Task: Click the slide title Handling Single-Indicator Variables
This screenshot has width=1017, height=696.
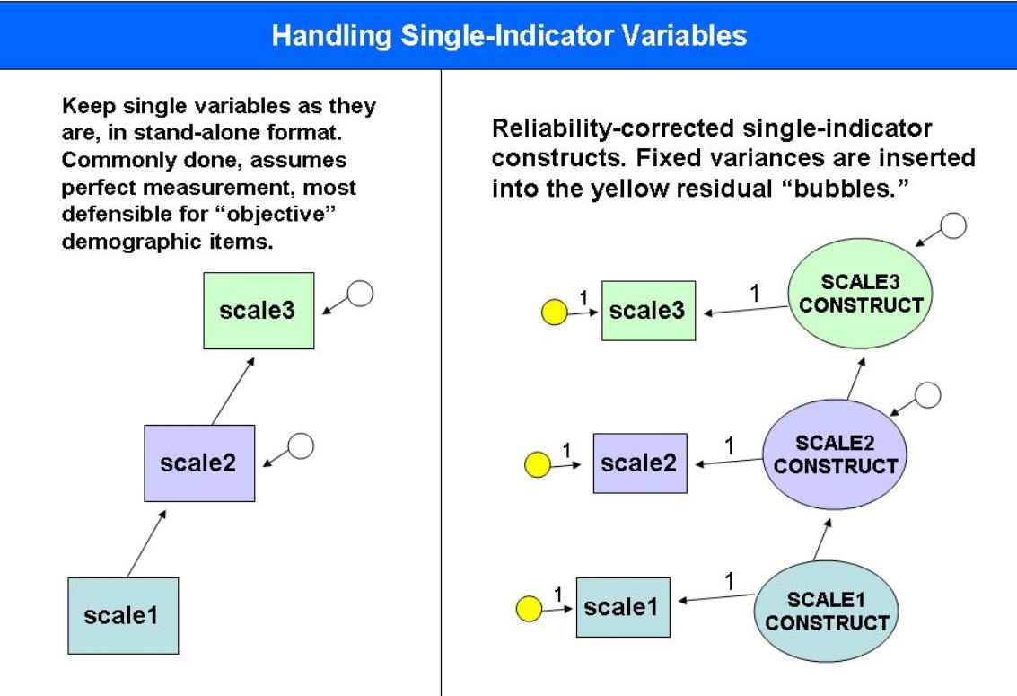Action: pos(508,36)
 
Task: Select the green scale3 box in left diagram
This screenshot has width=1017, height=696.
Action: pos(258,311)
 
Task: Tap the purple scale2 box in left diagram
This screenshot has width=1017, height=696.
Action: pos(199,463)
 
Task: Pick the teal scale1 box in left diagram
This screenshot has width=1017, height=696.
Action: pos(123,615)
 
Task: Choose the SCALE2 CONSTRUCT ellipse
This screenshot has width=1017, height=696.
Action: pos(835,454)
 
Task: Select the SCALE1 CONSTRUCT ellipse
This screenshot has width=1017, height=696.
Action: pos(827,611)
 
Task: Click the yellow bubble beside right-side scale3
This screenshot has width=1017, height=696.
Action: pos(555,313)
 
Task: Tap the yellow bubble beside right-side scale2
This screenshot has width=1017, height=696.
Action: pos(537,464)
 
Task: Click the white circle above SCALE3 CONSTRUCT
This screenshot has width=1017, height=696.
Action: pos(953,226)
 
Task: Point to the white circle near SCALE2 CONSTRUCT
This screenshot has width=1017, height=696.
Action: pos(928,394)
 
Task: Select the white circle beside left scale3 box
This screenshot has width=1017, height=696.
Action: pos(359,294)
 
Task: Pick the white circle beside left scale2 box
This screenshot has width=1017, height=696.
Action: pos(301,445)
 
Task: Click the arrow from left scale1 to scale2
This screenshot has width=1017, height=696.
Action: pos(146,543)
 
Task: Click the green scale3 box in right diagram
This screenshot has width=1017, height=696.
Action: pos(648,311)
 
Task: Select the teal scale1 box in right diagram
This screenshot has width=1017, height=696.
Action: pos(622,607)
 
